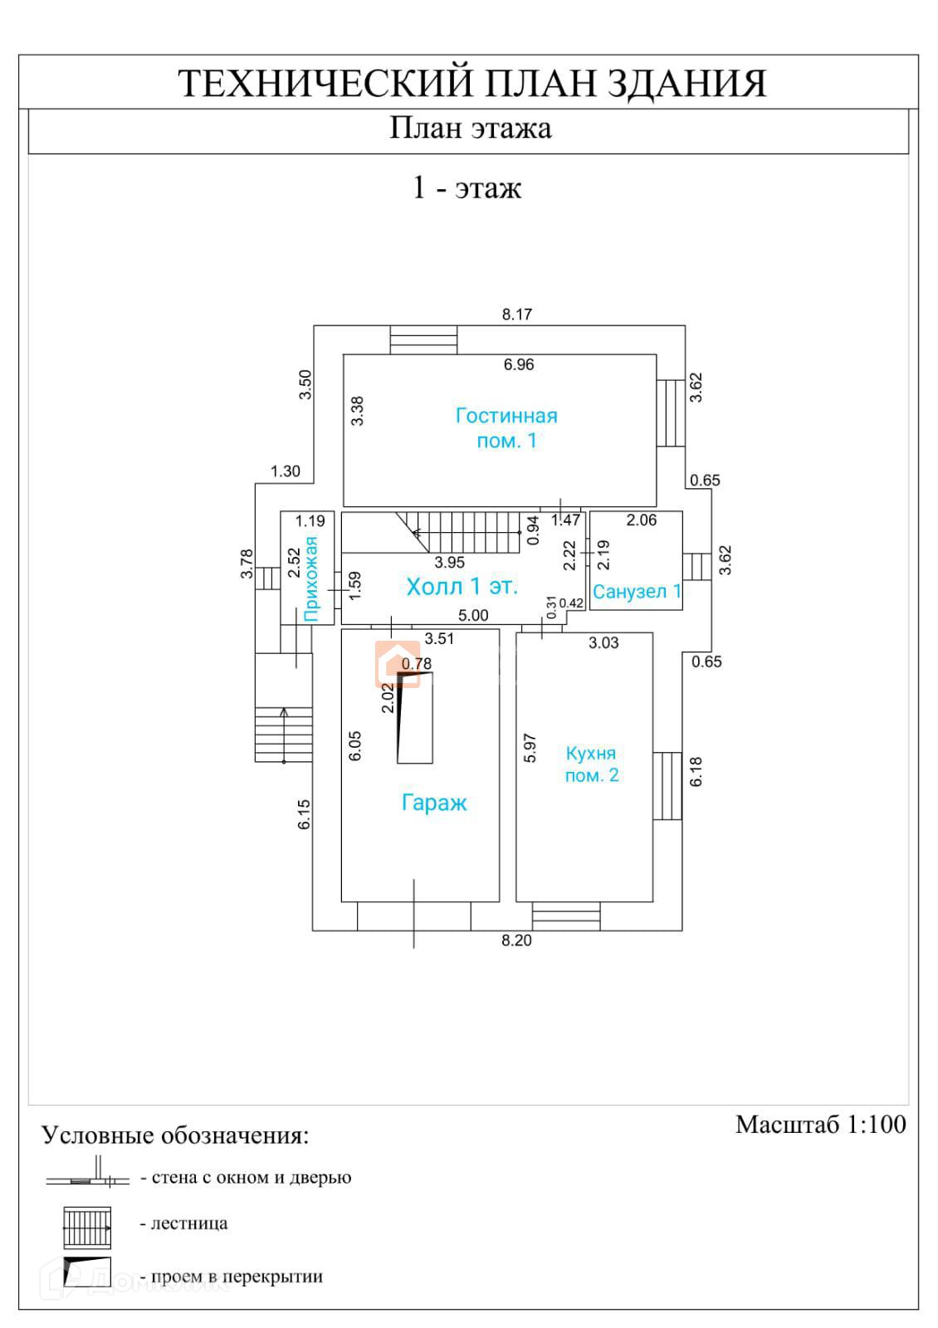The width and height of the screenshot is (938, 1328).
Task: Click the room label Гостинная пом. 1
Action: [x=506, y=428]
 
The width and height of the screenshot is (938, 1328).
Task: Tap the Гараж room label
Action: [x=434, y=803]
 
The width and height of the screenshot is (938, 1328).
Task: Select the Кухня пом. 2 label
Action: [x=591, y=764]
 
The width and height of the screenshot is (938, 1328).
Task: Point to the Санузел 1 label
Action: [x=637, y=592]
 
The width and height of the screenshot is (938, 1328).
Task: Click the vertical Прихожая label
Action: [x=311, y=579]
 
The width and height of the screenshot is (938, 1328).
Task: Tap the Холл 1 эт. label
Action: [x=462, y=587]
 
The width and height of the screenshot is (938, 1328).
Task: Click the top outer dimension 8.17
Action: [x=517, y=315]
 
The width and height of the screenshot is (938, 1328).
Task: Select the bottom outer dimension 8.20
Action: [x=516, y=940]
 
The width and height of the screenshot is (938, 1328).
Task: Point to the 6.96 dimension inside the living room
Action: [x=519, y=364]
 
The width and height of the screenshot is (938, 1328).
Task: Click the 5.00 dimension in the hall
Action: [x=474, y=616]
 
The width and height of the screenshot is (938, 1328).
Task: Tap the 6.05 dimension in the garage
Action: [x=355, y=745]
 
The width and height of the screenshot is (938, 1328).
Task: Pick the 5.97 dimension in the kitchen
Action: [x=530, y=748]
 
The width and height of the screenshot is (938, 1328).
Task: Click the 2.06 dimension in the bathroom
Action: [x=642, y=520]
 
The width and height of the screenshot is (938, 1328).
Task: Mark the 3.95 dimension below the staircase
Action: [x=450, y=562]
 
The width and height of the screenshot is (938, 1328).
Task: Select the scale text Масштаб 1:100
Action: [x=820, y=1125]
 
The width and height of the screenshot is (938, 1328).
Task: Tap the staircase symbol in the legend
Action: [x=87, y=1227]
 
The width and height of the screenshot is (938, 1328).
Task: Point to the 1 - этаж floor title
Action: [x=467, y=188]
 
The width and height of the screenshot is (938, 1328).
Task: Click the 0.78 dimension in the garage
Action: [x=417, y=663]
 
